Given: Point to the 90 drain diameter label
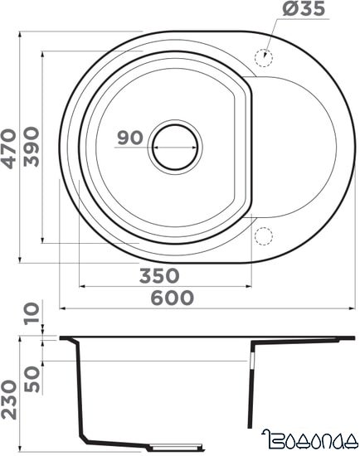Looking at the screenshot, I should (129, 138).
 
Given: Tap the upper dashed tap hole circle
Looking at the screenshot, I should (265, 57).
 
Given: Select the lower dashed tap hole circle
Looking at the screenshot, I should (265, 237).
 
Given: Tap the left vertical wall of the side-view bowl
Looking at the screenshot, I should (80, 390).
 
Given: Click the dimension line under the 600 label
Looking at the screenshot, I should (207, 308).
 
